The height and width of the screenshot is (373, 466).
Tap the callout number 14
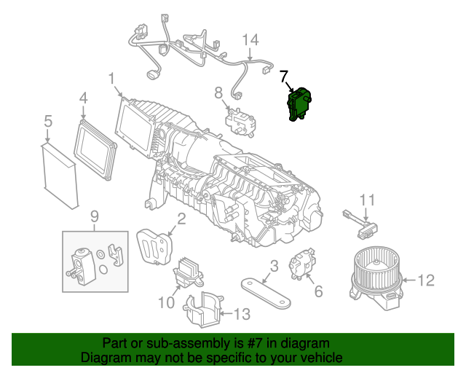(x=250, y=39)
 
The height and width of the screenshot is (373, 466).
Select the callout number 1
(x=111, y=78)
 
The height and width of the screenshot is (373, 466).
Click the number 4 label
(x=83, y=97)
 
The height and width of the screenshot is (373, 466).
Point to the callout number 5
(x=48, y=120)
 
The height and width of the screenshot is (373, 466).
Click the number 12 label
(x=427, y=279)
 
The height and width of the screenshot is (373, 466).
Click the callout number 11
(x=368, y=199)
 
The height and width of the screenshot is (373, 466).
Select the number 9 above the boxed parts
(x=94, y=216)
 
